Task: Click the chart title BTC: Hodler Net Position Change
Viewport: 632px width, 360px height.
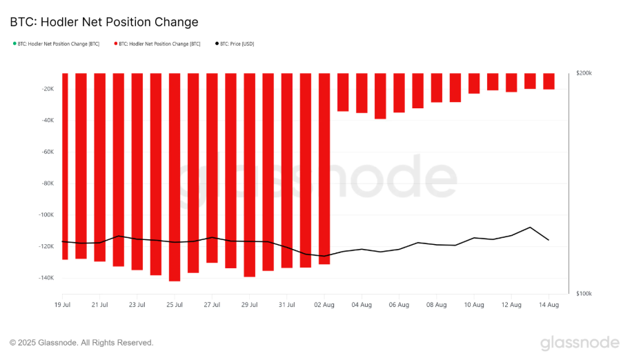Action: tap(104, 22)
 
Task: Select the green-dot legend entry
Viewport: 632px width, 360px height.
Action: tap(56, 43)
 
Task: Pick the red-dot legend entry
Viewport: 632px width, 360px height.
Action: tap(159, 43)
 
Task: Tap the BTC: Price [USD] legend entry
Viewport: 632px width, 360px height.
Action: tap(234, 43)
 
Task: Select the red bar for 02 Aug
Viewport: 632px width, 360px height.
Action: tap(324, 168)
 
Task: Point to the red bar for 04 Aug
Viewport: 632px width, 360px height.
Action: tap(362, 92)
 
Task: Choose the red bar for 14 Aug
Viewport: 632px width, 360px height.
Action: tap(549, 81)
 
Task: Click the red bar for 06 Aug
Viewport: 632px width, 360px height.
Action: tap(399, 92)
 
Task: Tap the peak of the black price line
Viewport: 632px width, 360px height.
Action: tap(530, 227)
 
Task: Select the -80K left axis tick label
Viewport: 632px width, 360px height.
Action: tap(47, 183)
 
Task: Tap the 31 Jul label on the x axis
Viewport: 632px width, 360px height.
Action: tap(287, 304)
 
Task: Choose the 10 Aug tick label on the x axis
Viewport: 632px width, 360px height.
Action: tap(473, 304)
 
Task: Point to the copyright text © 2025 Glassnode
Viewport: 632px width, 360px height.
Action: tap(81, 343)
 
